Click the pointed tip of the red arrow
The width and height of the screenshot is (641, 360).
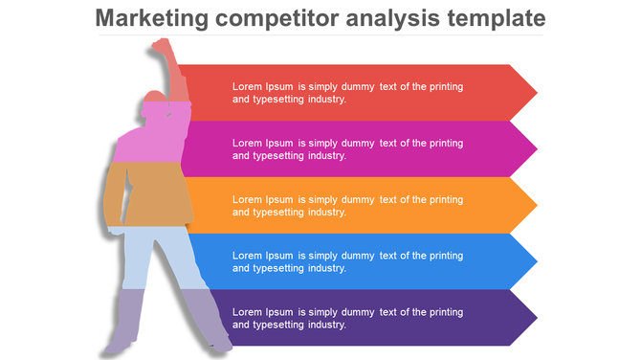536,93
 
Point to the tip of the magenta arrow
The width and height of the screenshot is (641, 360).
536,149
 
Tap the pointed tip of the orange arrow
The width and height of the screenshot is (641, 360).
536,205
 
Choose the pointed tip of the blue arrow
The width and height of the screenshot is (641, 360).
536,261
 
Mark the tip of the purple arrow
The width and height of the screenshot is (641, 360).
536,317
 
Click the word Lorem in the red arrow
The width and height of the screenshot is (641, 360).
247,86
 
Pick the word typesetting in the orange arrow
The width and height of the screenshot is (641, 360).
276,213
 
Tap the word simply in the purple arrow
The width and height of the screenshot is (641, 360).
328,312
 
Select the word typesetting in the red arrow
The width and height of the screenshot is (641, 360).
276,100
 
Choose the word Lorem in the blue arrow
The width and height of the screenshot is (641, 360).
247,256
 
